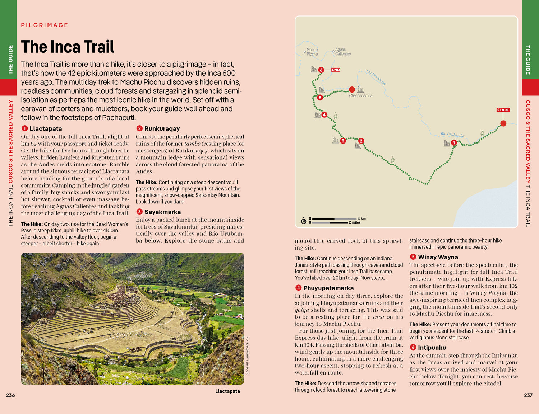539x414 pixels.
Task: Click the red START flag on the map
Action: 503,110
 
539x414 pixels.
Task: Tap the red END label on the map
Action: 336,70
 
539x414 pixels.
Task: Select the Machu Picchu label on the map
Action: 312,52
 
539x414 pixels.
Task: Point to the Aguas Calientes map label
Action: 343,52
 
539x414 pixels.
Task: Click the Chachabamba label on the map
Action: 360,95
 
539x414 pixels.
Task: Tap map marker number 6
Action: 321,70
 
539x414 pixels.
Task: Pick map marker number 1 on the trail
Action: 454,143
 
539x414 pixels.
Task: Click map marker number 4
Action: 324,115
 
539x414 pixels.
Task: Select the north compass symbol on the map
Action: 304,220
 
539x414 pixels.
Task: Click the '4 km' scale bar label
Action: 361,218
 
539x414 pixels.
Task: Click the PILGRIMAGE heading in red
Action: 45,25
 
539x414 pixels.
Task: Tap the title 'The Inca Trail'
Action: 68,47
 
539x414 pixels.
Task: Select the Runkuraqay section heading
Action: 162,128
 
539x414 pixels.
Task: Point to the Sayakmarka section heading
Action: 162,212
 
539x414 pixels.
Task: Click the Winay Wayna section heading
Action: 438,257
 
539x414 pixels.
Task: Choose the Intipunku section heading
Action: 432,347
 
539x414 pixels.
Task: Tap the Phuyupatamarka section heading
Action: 328,288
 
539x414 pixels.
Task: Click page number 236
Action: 10,395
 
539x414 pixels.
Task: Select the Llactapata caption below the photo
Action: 227,391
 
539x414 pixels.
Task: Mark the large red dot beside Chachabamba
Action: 352,89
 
